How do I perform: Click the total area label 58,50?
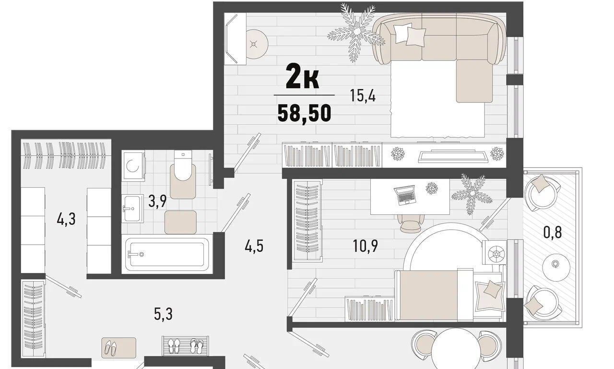[304, 114]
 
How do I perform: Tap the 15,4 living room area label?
[363, 96]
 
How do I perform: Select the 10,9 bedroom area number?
[366, 246]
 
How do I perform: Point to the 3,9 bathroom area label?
[157, 201]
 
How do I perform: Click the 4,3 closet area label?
[66, 220]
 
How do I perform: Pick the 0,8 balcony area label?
[553, 232]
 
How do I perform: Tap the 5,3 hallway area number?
[163, 314]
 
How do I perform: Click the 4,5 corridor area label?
[254, 246]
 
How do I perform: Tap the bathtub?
[167, 254]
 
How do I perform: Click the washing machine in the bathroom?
[133, 166]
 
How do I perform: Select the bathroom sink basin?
[132, 209]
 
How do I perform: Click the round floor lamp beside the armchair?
[257, 44]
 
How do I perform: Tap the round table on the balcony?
[556, 267]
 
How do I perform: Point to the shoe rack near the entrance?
[185, 345]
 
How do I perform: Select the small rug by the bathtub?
[180, 222]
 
